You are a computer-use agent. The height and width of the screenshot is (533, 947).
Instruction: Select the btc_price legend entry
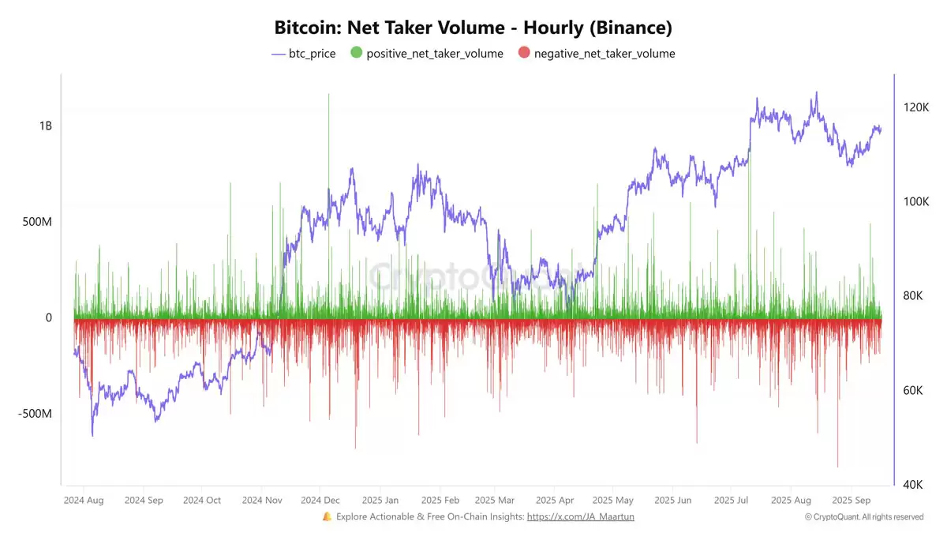click(x=303, y=54)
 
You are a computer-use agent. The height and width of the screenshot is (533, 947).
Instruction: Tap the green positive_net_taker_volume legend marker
click(x=356, y=54)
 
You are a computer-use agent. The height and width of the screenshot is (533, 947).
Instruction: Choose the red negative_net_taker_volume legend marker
click(x=524, y=54)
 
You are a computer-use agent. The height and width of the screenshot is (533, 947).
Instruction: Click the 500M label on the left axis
click(x=37, y=222)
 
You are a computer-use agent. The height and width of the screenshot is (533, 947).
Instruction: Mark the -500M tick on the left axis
click(x=36, y=414)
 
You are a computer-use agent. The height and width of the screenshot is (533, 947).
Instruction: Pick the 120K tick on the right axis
click(x=915, y=107)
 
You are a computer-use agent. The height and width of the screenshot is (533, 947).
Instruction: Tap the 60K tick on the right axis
click(x=915, y=390)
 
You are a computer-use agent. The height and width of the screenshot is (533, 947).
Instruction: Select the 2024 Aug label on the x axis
click(x=84, y=500)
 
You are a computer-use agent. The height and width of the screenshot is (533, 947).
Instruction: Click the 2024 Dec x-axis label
click(x=320, y=500)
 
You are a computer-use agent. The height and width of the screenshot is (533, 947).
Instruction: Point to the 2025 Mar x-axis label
click(x=495, y=500)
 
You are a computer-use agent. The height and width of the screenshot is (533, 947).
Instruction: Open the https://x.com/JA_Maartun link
click(x=580, y=516)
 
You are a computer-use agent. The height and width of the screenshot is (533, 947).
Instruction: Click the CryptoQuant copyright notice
click(x=864, y=516)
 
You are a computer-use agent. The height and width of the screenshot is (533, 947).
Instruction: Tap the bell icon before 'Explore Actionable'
click(x=327, y=516)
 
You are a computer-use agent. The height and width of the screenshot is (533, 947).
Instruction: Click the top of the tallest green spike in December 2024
click(x=329, y=94)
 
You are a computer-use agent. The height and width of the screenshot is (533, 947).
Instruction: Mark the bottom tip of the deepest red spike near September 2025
click(x=837, y=467)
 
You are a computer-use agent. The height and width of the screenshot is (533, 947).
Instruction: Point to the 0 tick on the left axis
click(x=48, y=317)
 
